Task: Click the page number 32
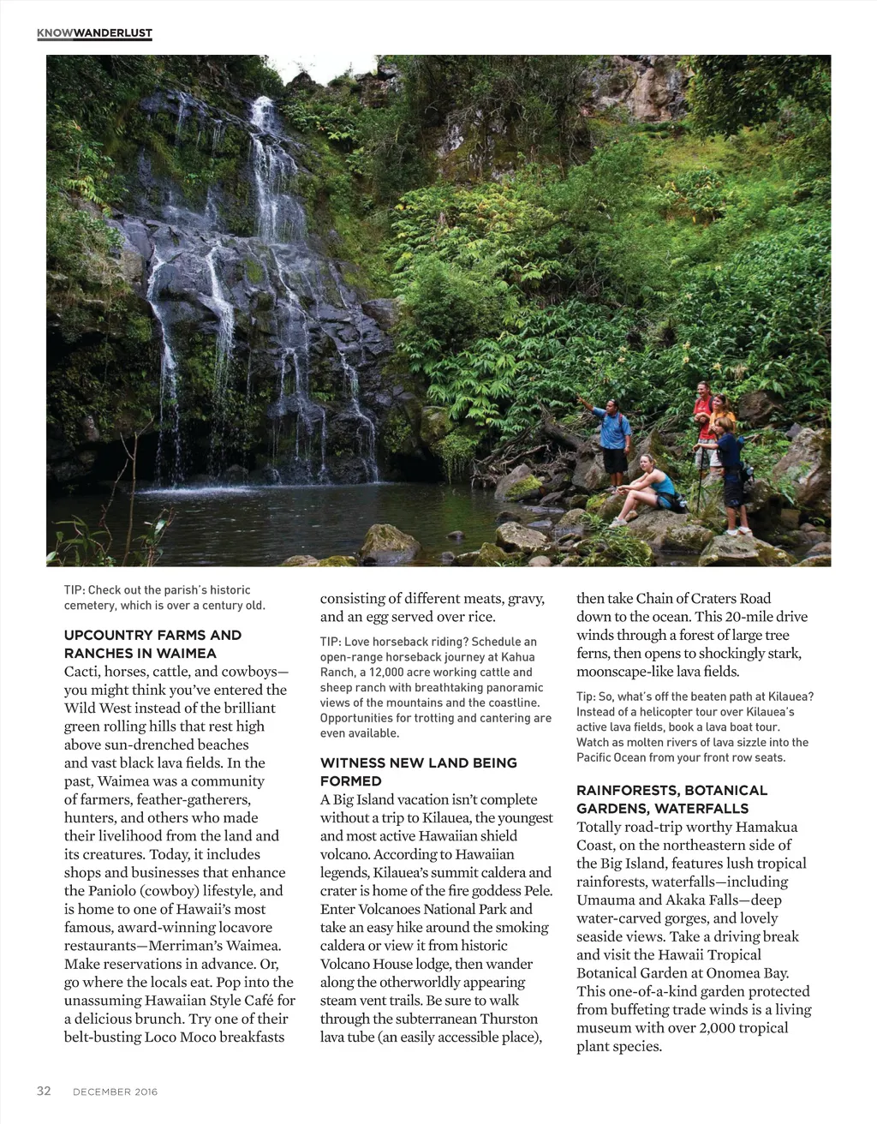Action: (x=44, y=1091)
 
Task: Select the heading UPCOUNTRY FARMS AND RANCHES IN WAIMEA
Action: (x=152, y=643)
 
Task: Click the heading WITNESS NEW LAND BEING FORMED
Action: (x=419, y=771)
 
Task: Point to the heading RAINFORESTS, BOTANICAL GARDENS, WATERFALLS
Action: (x=671, y=798)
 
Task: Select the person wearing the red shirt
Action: (x=703, y=407)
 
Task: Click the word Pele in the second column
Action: (x=538, y=891)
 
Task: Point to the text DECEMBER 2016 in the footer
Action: (x=115, y=1091)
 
